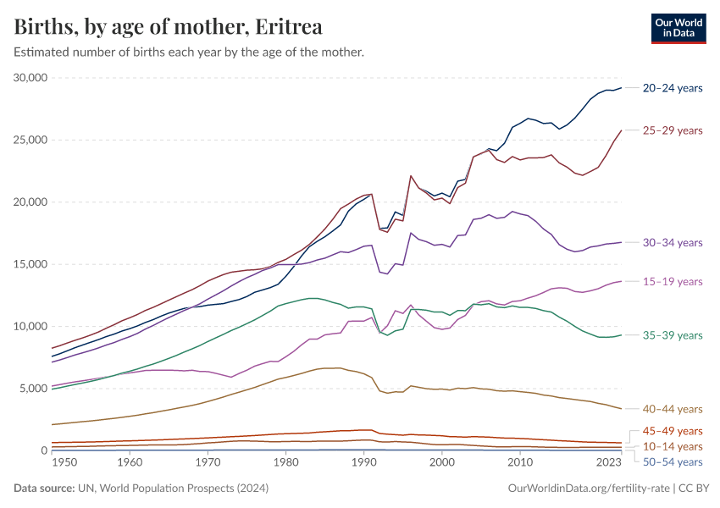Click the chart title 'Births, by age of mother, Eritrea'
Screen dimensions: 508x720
pyautogui.click(x=168, y=27)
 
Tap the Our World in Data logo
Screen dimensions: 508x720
pyautogui.click(x=678, y=27)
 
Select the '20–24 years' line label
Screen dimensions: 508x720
pyautogui.click(x=673, y=88)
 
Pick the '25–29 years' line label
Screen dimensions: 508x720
pyautogui.click(x=673, y=130)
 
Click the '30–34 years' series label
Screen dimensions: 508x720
pyautogui.click(x=673, y=242)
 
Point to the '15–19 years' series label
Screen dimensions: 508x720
pyautogui.click(x=673, y=281)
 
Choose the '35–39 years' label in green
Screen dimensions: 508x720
pyautogui.click(x=673, y=335)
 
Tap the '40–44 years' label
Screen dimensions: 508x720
pyautogui.click(x=673, y=409)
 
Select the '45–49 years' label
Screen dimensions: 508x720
pyautogui.click(x=673, y=431)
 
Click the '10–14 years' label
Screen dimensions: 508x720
pyautogui.click(x=673, y=446)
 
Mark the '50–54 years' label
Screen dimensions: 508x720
pyautogui.click(x=673, y=461)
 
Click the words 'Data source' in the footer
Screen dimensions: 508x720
pyautogui.click(x=43, y=489)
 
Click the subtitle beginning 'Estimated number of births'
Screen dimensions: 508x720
pyautogui.click(x=189, y=52)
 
